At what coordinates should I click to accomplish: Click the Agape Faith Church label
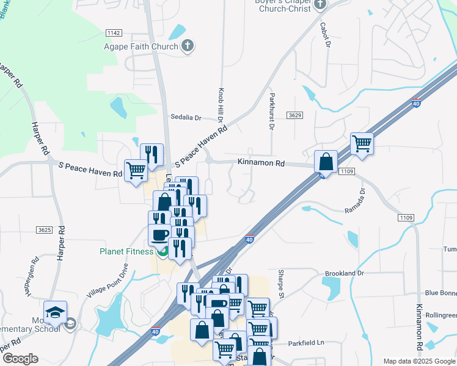(141, 46)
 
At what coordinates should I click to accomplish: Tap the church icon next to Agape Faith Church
(188, 46)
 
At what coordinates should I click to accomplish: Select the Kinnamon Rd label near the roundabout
(261, 163)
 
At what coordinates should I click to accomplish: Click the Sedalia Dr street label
(186, 117)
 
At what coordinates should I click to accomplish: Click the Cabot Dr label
(324, 35)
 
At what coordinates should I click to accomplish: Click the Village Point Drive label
(109, 282)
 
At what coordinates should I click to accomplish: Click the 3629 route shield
(295, 115)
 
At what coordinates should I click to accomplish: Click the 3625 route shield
(44, 230)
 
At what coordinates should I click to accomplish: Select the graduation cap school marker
(55, 312)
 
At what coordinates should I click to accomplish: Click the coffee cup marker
(160, 235)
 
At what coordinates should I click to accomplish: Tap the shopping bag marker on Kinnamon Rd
(326, 162)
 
